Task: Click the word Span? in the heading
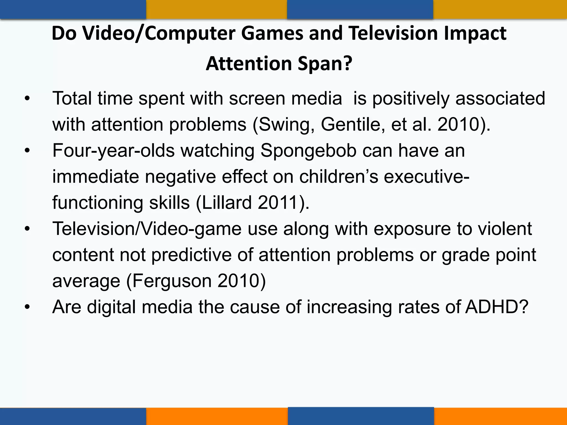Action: click(325, 64)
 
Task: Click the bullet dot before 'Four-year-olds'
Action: click(27, 151)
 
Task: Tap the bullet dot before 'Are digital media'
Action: click(27, 307)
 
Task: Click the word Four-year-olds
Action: click(114, 151)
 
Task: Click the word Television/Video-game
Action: click(147, 229)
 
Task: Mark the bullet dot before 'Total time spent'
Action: click(27, 99)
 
